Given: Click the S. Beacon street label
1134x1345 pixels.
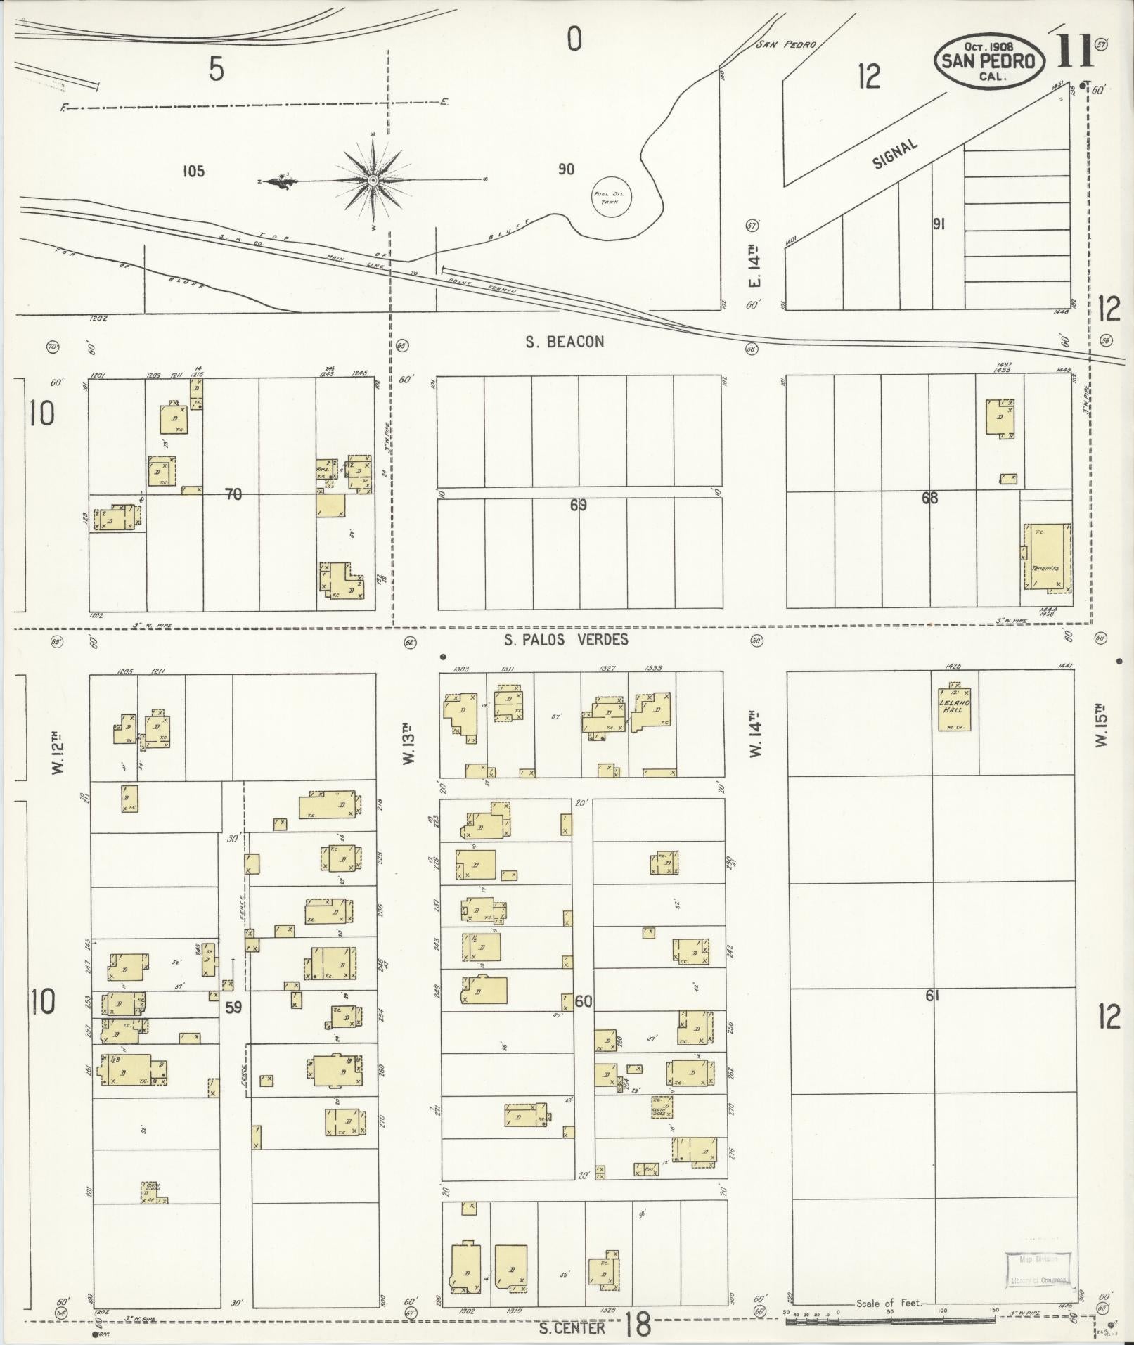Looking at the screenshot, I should tap(565, 342).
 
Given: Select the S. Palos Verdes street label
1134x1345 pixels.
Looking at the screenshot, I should tap(566, 639).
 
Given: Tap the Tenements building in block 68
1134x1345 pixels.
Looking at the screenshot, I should tap(1046, 556).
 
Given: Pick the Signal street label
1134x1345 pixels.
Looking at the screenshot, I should tap(894, 153).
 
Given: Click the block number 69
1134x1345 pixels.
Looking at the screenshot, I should tap(578, 504).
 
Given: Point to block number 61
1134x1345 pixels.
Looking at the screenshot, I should tap(932, 995).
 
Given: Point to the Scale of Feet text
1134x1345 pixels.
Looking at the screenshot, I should tap(888, 1303).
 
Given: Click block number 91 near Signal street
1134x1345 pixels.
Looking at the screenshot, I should tap(938, 224).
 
